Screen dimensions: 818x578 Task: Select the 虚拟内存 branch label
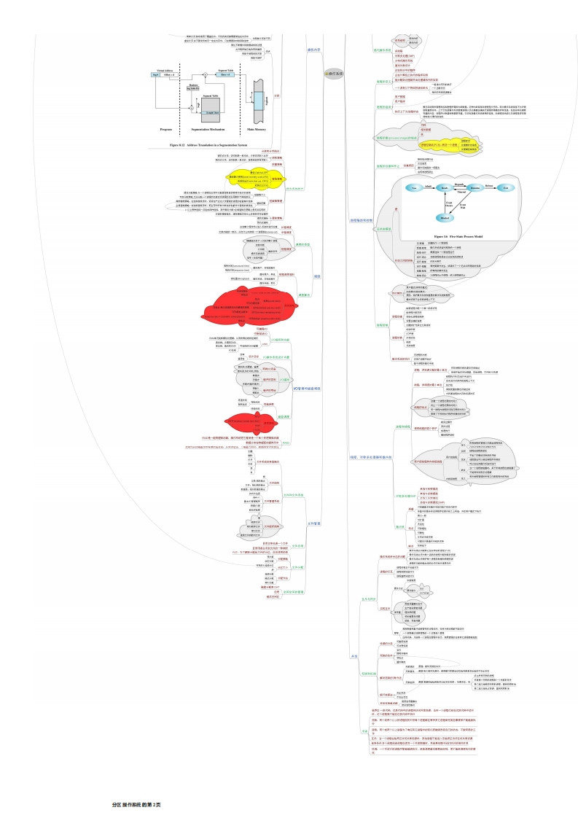tap(314, 50)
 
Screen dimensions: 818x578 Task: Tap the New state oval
tap(413, 187)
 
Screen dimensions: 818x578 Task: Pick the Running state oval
tap(475, 187)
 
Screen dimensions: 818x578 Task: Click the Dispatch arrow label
tap(459, 183)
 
